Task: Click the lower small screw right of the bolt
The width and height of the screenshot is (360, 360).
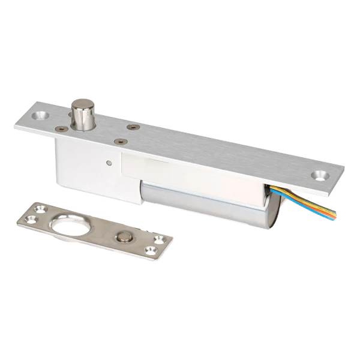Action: [121, 142]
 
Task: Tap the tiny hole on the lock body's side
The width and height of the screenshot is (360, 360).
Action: [108, 161]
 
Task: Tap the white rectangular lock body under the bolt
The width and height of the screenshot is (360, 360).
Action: [90, 162]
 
